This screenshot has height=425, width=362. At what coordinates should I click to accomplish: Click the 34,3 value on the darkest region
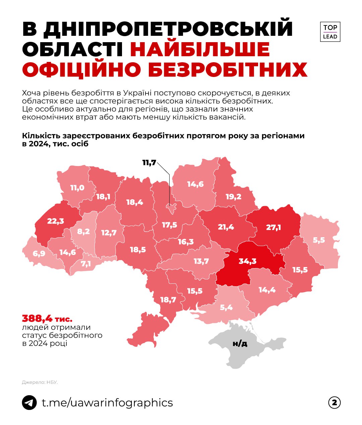(x=247, y=261)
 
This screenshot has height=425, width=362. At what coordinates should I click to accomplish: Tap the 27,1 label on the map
(x=273, y=228)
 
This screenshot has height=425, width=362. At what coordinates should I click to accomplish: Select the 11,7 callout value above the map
(x=149, y=163)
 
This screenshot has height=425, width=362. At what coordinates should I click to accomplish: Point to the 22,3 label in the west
(x=55, y=221)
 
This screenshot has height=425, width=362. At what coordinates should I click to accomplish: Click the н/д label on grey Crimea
(x=240, y=343)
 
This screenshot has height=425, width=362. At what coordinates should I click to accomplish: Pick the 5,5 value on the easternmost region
(x=319, y=240)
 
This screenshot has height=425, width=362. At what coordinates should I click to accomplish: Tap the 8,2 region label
(x=83, y=231)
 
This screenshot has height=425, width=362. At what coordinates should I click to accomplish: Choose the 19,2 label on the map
(x=233, y=196)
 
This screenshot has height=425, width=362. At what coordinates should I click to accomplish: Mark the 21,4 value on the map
(x=226, y=227)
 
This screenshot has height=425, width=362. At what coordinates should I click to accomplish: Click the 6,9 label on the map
(x=39, y=254)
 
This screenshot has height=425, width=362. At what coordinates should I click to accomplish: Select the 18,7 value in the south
(x=168, y=300)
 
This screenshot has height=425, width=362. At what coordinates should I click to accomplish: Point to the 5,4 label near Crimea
(x=226, y=307)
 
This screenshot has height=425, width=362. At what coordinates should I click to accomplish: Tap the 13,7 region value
(x=201, y=261)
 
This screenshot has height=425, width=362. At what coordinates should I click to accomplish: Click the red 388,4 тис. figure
(x=47, y=318)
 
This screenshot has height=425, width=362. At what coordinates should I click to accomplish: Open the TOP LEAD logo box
(x=330, y=32)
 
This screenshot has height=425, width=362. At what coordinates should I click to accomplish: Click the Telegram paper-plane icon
(x=29, y=403)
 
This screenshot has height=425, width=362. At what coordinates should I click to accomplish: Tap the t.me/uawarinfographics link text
(x=107, y=403)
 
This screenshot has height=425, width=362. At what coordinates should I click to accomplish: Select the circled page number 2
(x=334, y=403)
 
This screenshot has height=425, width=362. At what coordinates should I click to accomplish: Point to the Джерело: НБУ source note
(x=40, y=382)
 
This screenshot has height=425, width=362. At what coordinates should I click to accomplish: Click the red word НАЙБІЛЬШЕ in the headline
(x=200, y=49)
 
